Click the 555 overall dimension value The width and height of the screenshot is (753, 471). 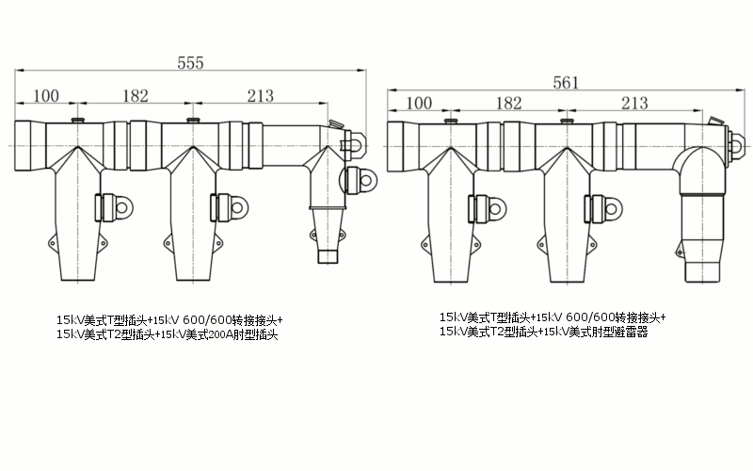pyautogui.click(x=191, y=62)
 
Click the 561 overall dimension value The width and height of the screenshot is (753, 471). pyautogui.click(x=566, y=82)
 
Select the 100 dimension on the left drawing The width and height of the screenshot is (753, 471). pyautogui.click(x=46, y=95)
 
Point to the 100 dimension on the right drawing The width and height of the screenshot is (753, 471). pyautogui.click(x=418, y=103)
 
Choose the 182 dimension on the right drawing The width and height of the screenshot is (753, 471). pyautogui.click(x=507, y=103)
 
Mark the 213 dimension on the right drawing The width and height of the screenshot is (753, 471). pyautogui.click(x=634, y=103)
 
